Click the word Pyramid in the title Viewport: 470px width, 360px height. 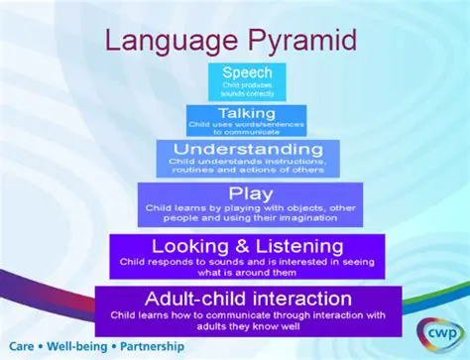[298, 43]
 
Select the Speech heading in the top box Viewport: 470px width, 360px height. [247, 72]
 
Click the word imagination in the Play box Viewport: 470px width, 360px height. [314, 220]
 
